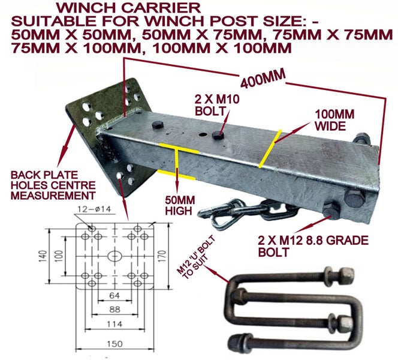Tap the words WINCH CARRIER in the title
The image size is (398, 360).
tap(128, 8)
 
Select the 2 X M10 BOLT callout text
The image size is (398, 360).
tap(217, 105)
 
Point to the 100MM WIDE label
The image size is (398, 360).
tap(334, 121)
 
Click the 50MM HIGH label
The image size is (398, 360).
tap(180, 206)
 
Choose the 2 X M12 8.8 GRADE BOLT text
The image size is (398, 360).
tap(313, 246)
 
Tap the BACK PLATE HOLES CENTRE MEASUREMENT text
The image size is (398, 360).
tap(53, 185)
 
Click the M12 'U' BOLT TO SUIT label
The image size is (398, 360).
tap(197, 258)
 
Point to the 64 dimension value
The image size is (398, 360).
tap(114, 295)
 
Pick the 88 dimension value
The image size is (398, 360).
tap(114, 310)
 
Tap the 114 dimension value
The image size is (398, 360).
tap(114, 324)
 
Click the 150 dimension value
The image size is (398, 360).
tap(114, 344)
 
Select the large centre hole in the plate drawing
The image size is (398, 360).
tap(114, 256)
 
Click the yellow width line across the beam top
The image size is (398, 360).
tap(270, 149)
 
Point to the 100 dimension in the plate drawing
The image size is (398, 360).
tap(59, 256)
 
